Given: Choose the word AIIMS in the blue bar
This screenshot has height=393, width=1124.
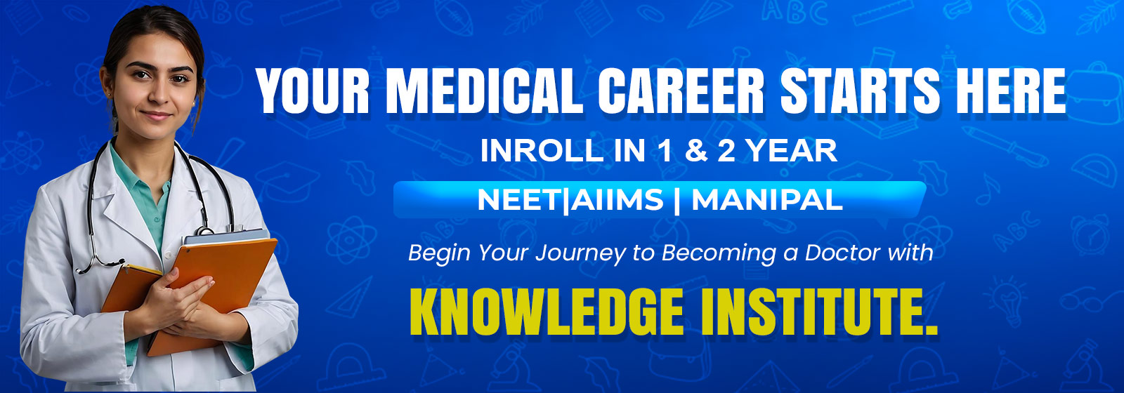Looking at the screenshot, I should point(616,201).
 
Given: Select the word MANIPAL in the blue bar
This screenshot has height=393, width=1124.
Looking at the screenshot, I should point(767,201).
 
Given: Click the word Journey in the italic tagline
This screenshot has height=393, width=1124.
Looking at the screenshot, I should point(580,253).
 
